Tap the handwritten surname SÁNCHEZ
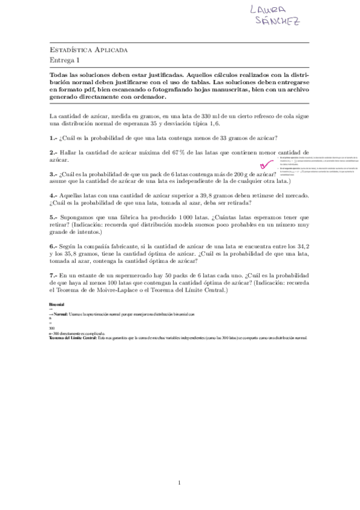278,22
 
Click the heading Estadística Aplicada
88,50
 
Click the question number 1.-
53,137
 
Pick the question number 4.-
53,195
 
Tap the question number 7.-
53,275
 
